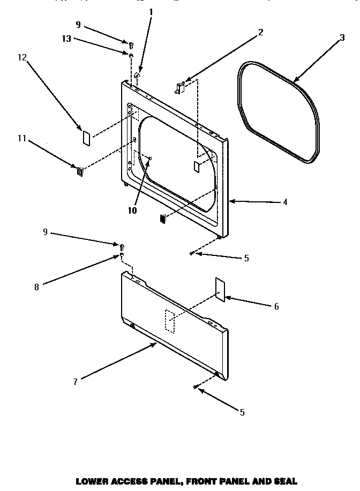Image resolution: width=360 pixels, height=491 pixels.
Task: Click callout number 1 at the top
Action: click(x=151, y=11)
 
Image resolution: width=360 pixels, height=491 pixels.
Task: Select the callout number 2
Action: click(x=260, y=32)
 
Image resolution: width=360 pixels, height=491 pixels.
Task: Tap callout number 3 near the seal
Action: click(x=341, y=39)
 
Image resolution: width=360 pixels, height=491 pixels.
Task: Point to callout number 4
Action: click(x=285, y=202)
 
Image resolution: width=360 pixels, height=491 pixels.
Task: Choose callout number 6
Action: click(x=276, y=306)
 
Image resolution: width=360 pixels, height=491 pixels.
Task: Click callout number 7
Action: click(x=76, y=381)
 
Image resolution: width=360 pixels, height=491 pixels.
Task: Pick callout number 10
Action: click(x=132, y=210)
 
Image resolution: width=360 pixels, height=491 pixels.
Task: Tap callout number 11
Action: click(x=21, y=138)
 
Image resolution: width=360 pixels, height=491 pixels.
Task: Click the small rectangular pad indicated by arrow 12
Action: click(x=85, y=137)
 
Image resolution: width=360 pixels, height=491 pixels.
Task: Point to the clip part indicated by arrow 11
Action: click(x=80, y=171)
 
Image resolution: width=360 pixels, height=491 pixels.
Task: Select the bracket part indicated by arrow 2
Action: click(x=180, y=87)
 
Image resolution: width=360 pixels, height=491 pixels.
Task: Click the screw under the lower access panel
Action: click(x=196, y=386)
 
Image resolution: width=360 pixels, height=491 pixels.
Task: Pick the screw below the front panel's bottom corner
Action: click(x=191, y=253)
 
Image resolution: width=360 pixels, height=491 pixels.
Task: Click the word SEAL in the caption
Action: click(x=285, y=481)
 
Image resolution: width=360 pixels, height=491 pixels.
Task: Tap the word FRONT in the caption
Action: click(x=204, y=481)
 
